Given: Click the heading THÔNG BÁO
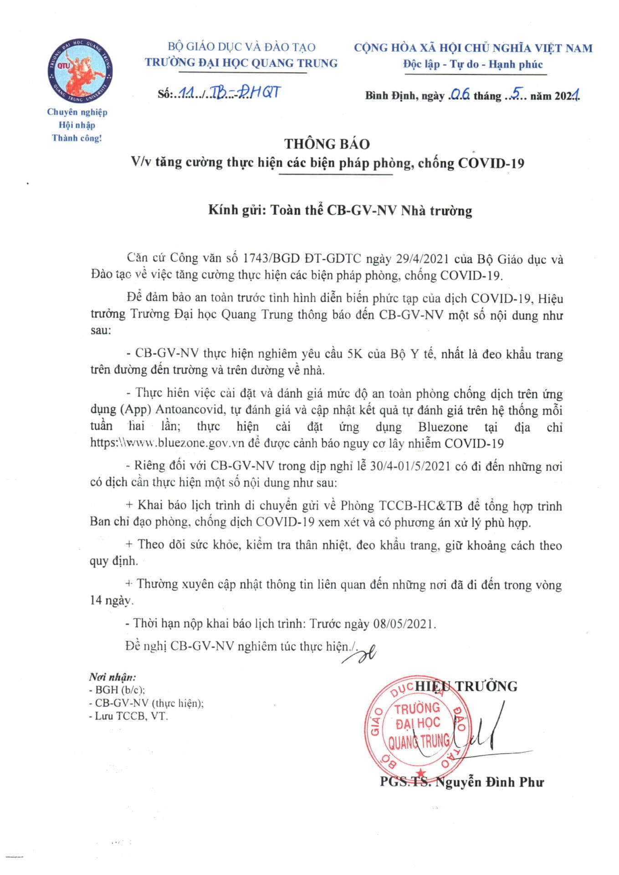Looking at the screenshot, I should coord(327,144).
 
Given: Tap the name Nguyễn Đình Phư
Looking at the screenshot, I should coord(490,782).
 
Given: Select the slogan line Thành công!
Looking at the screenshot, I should coord(77,138).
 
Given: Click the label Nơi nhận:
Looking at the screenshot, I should coord(112,677).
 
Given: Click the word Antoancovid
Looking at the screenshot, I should coord(191,410).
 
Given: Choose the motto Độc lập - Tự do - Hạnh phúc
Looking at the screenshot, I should coord(473,64).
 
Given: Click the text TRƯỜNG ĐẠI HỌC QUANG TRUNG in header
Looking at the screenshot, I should coord(241,63).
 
